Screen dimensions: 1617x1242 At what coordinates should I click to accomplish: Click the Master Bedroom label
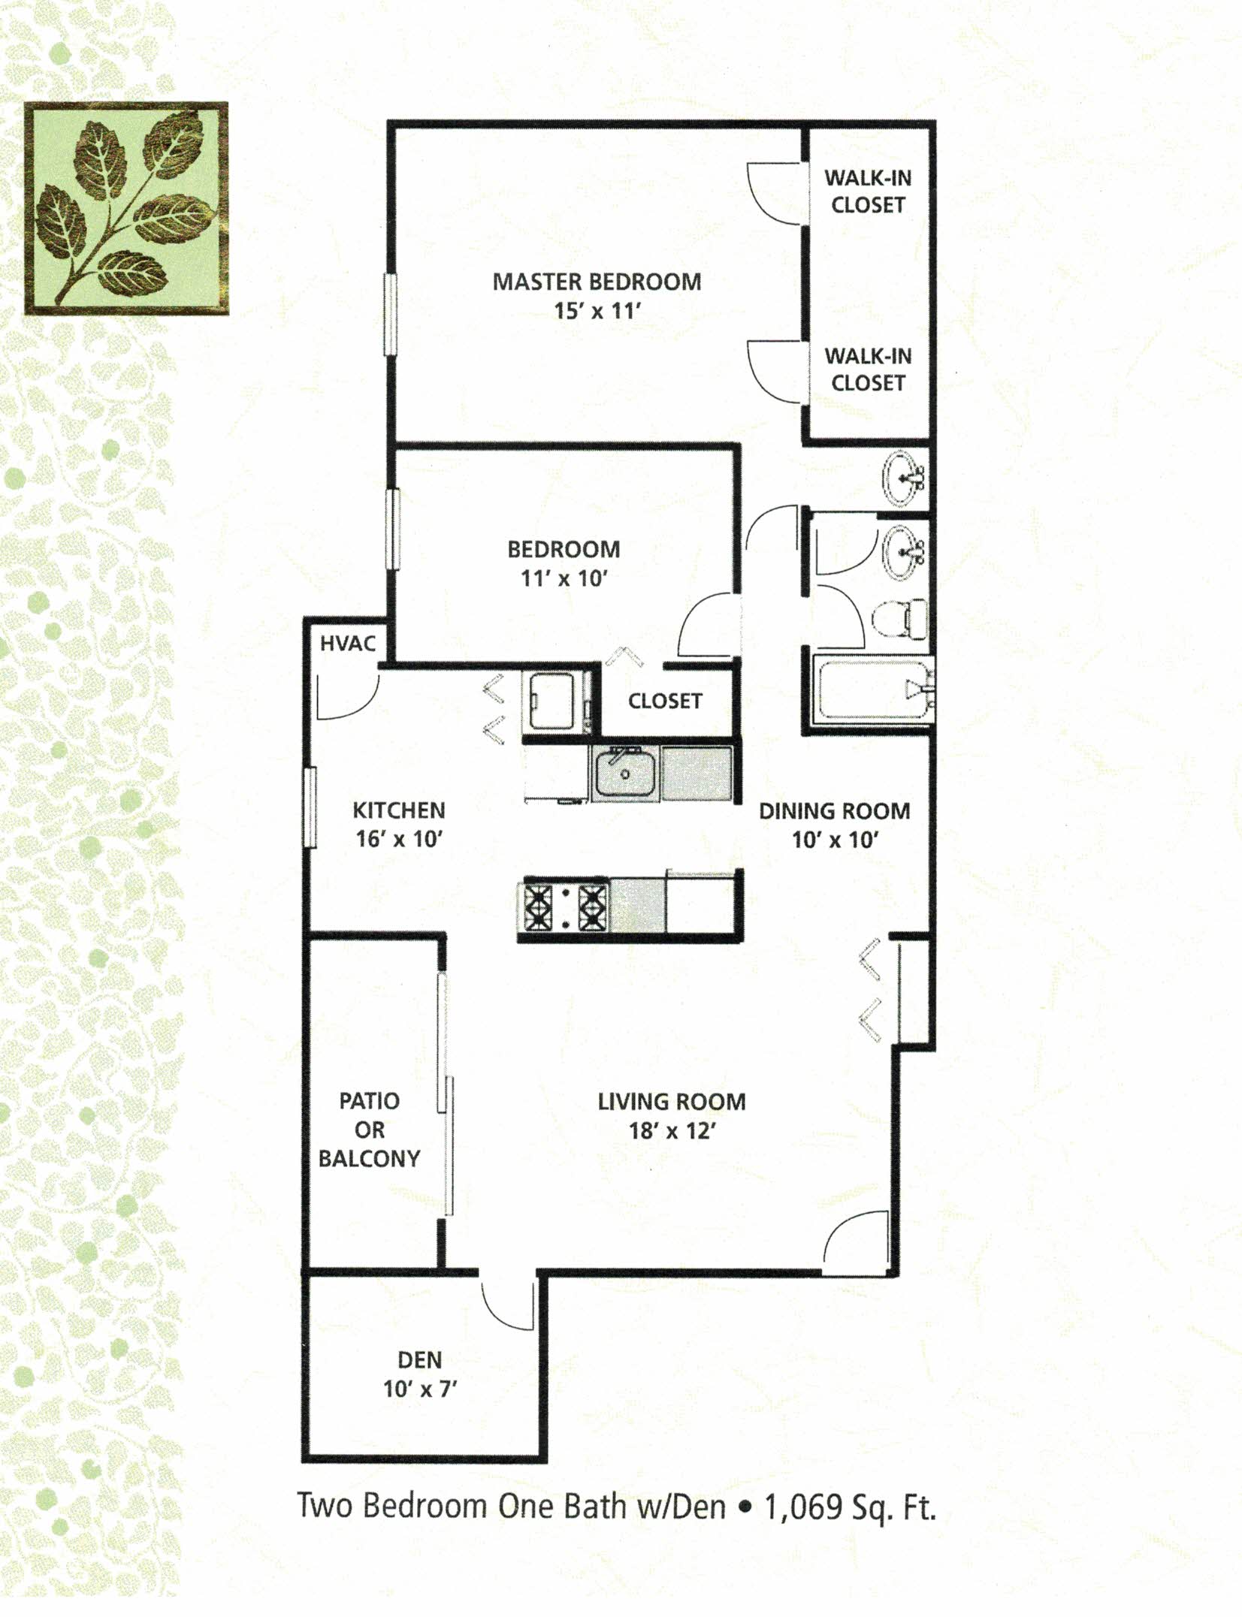[x=597, y=282]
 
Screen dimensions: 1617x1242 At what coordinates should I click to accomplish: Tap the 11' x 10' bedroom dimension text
[x=564, y=578]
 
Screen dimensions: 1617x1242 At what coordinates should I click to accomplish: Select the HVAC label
[x=347, y=644]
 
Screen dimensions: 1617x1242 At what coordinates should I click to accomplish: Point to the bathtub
[x=871, y=689]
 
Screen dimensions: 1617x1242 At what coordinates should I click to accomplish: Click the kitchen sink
[x=625, y=774]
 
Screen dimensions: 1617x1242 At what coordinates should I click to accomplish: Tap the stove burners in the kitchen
[x=566, y=907]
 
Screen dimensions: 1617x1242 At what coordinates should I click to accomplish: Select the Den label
[x=419, y=1360]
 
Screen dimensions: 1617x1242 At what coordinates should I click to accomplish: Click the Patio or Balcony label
[x=369, y=1130]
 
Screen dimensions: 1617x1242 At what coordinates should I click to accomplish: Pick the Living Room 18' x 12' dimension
[x=672, y=1131]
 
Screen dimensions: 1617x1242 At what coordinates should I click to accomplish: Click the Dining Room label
[x=834, y=811]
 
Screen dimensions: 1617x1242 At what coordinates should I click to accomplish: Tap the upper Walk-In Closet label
[x=868, y=192]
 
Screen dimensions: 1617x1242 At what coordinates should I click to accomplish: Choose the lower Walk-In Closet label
[x=868, y=370]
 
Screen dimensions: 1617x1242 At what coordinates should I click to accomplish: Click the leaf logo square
[x=125, y=208]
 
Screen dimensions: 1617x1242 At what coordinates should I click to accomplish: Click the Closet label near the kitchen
[x=665, y=701]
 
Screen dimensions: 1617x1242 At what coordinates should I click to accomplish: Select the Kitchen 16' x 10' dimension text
[x=399, y=839]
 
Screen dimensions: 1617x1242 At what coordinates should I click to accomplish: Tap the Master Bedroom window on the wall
[x=390, y=314]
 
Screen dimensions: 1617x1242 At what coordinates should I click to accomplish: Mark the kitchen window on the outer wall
[x=310, y=807]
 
